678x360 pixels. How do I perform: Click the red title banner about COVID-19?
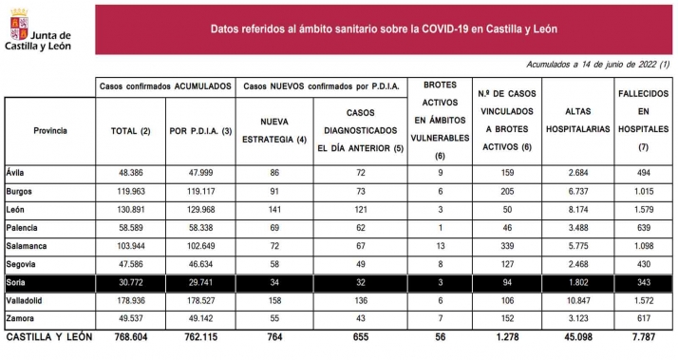pos(383,28)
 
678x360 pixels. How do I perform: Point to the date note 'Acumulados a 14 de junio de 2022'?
pos(596,65)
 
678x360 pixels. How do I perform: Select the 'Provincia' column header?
pos(49,129)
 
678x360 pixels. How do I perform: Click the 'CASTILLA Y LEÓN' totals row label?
pos(46,336)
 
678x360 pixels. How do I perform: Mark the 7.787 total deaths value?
pos(643,336)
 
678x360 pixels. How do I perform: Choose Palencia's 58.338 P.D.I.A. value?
pos(198,228)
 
